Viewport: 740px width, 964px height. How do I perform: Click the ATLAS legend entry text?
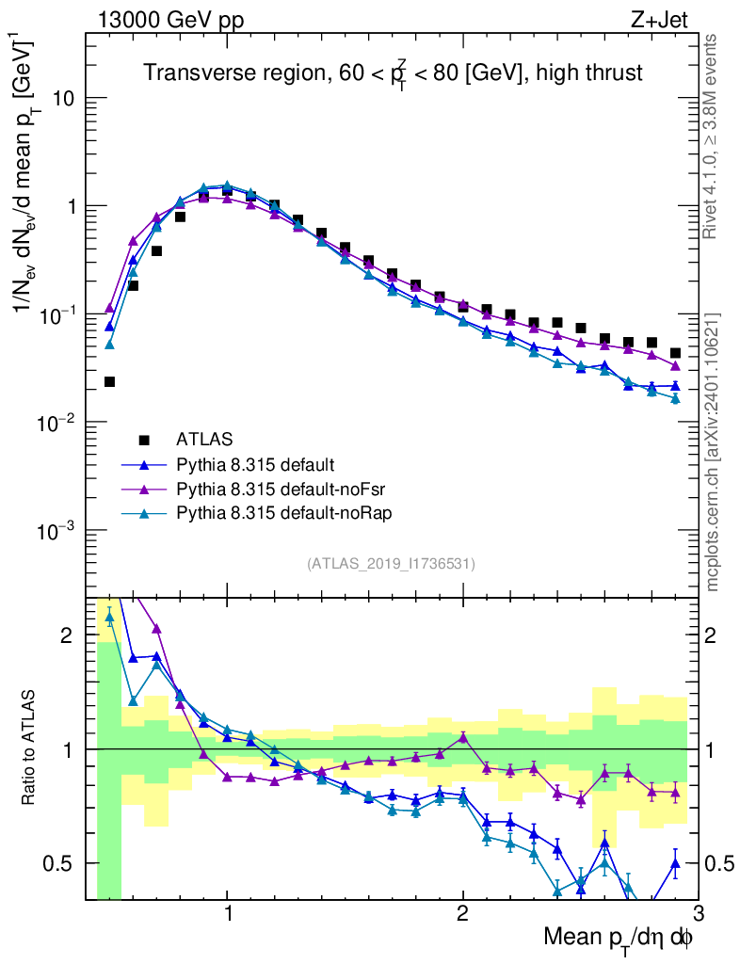(203, 439)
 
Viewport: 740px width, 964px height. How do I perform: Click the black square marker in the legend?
(144, 439)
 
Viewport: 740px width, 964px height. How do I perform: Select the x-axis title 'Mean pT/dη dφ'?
(619, 937)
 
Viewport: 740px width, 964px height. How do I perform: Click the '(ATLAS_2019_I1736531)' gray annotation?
(391, 564)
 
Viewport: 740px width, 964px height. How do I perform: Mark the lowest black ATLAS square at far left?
(109, 381)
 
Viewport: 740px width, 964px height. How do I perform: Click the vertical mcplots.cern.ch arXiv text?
(713, 452)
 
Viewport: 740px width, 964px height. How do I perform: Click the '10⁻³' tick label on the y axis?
(56, 532)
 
